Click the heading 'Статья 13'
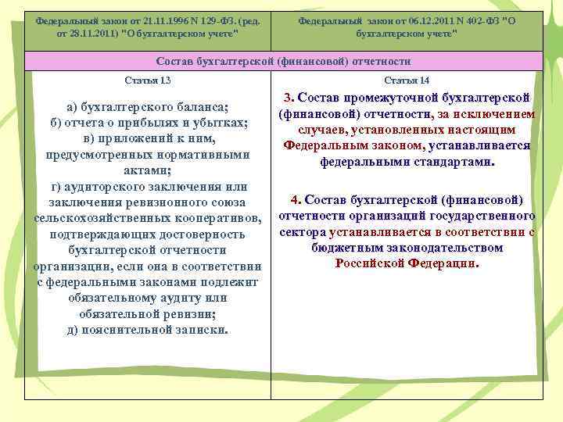point(148,81)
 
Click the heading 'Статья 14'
point(407,81)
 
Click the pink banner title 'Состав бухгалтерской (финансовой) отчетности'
point(283,61)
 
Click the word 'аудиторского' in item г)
point(117,186)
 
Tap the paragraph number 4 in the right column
point(295,199)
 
